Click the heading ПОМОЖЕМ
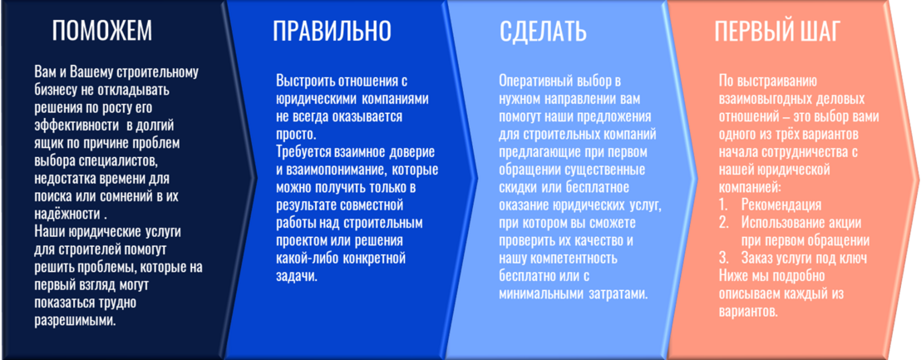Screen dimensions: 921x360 [x=102, y=31]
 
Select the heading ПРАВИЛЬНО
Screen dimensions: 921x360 [x=332, y=31]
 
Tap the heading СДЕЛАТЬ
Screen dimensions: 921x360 [x=544, y=31]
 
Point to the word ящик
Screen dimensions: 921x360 [x=48, y=144]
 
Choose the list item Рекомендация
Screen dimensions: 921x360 [x=781, y=205]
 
